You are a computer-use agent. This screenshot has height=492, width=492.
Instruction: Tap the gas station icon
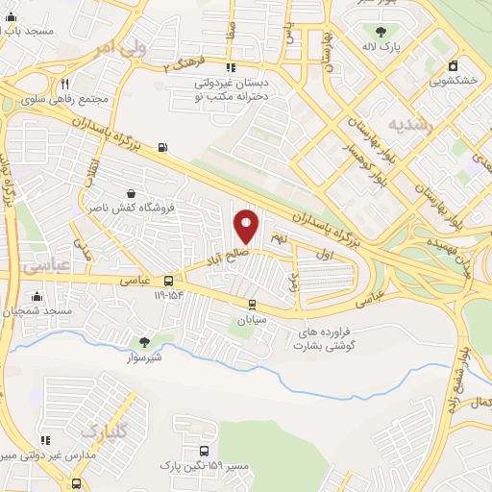coord(161,147)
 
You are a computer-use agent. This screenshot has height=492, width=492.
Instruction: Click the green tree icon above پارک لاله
coord(382,31)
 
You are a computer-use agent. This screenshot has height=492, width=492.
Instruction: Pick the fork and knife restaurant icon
coord(63,83)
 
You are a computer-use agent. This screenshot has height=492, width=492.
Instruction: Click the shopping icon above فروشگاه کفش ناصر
coord(130,192)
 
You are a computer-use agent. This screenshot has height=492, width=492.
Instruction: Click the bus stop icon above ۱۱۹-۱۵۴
coord(169,281)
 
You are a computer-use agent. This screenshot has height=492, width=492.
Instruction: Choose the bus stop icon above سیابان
coord(253,305)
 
